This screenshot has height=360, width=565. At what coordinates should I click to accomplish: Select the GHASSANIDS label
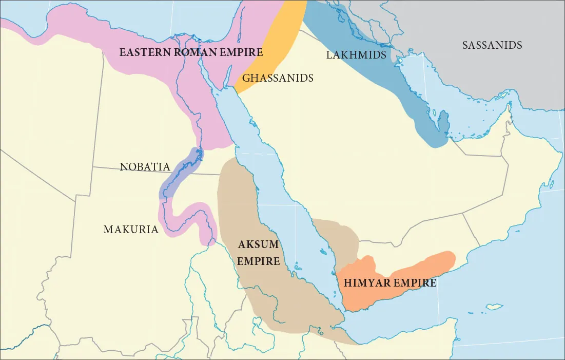(278, 78)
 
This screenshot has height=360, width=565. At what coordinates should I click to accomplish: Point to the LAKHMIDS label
(356, 54)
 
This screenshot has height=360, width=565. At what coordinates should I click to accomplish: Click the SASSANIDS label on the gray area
(492, 45)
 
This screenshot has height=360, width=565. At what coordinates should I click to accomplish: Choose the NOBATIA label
(145, 167)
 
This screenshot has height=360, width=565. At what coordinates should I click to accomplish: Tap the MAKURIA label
(131, 230)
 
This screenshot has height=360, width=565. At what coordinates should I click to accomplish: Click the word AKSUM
(258, 244)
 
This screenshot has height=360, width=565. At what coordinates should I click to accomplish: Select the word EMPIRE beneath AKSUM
(258, 261)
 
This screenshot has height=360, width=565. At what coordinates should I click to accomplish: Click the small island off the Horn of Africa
(494, 307)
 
